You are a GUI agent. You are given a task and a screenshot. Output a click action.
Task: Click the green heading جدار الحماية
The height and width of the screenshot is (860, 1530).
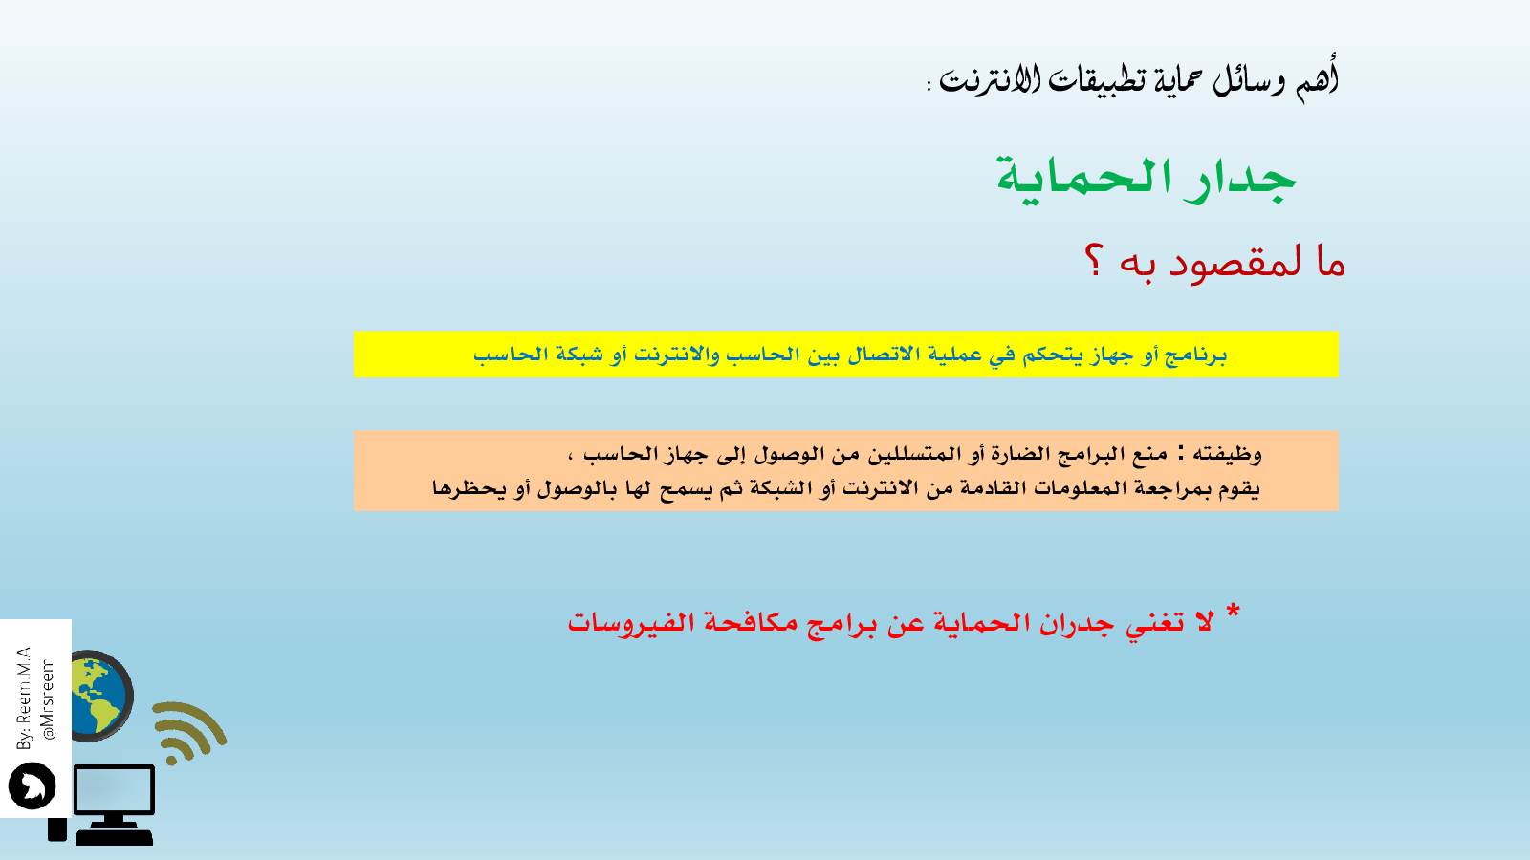click(1147, 179)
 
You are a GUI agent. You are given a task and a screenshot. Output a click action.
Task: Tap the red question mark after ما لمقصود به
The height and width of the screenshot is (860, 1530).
click(1094, 262)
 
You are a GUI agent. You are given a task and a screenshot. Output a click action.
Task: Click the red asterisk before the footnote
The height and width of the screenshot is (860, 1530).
click(1233, 611)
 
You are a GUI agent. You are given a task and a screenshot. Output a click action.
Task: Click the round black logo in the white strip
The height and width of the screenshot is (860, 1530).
click(33, 785)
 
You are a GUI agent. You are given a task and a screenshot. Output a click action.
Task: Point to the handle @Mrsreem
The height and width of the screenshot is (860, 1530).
click(48, 699)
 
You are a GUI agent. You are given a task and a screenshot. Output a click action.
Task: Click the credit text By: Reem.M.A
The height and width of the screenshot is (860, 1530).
click(25, 698)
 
